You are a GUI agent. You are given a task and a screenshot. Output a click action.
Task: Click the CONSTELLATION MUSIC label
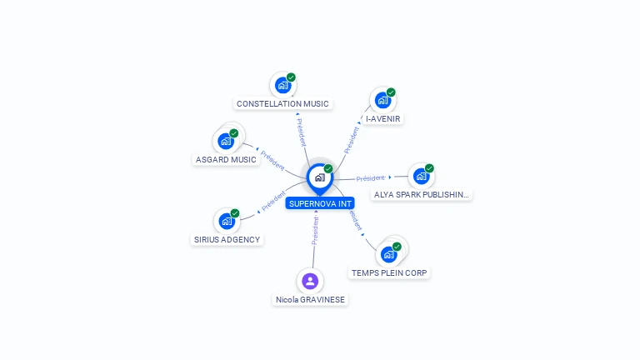(x=282, y=104)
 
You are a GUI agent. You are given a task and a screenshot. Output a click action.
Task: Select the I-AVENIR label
(x=383, y=119)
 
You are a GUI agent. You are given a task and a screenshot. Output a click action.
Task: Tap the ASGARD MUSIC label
(x=226, y=160)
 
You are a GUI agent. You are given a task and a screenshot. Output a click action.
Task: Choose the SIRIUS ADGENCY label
(x=227, y=240)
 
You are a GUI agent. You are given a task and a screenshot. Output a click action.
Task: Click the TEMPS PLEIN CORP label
(x=390, y=273)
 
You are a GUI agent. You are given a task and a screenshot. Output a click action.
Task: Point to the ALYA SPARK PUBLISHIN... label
(x=421, y=195)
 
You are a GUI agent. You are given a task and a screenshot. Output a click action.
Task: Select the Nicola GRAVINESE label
(x=310, y=300)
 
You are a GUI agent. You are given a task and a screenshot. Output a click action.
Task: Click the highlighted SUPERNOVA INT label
(x=320, y=203)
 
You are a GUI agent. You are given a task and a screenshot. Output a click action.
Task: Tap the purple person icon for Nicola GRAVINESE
(x=310, y=281)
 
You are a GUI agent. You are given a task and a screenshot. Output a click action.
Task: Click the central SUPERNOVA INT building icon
(x=319, y=177)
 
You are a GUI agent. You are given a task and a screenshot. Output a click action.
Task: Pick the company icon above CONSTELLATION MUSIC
(x=283, y=85)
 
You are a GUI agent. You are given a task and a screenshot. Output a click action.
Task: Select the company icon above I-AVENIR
(x=383, y=100)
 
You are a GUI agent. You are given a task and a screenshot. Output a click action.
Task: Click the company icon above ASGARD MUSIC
(x=226, y=141)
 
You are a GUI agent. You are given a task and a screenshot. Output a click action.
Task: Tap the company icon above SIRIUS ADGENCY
(x=227, y=221)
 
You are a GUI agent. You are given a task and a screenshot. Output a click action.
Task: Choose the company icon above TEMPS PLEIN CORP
(x=389, y=254)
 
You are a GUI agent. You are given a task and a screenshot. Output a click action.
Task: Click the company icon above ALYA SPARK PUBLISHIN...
(x=421, y=176)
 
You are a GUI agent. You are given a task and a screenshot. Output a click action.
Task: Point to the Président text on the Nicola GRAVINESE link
(x=315, y=231)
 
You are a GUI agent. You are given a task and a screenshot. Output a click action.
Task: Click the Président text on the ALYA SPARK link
(x=371, y=178)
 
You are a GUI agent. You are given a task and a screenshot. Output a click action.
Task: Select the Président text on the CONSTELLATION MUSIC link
(x=302, y=132)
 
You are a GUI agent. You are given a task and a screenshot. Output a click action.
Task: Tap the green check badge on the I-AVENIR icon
(x=391, y=92)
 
